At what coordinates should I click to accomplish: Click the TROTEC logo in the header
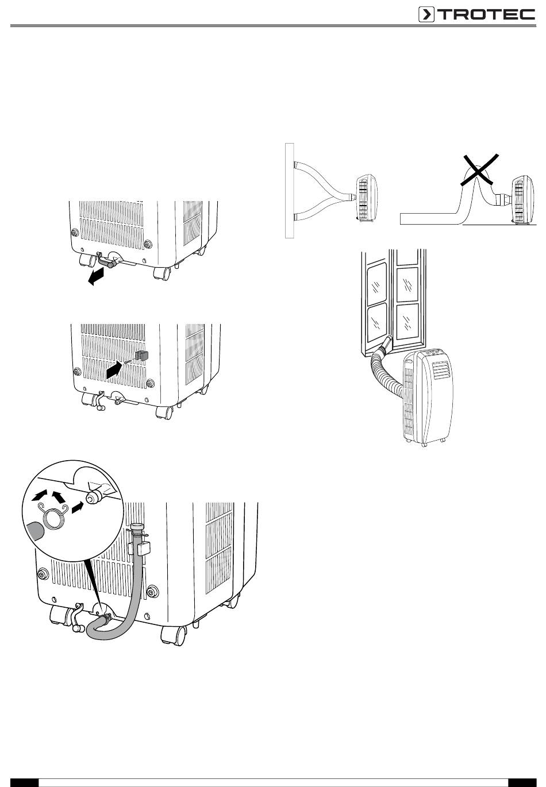476,14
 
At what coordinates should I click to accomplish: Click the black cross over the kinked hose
479,169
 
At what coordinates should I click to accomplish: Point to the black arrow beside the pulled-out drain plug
97,276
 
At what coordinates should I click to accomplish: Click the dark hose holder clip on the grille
141,355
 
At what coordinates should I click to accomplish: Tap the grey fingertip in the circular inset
34,531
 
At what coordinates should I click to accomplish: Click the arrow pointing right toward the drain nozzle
78,507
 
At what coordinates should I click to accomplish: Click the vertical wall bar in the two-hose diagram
289,190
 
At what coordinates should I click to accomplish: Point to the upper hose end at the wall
296,164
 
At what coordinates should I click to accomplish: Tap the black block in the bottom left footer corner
24,782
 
